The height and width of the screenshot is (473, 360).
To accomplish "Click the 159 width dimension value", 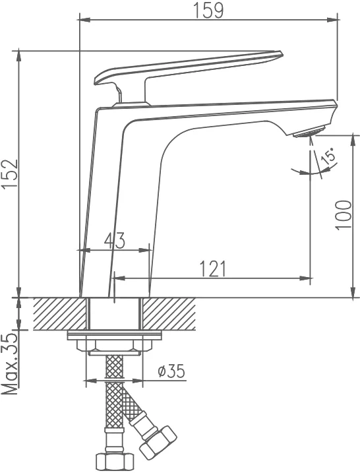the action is (x=208, y=10).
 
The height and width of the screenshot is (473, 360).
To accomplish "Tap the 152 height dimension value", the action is (x=11, y=174).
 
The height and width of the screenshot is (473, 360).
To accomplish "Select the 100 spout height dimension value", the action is (x=344, y=215).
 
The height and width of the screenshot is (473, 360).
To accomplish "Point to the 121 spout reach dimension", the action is (x=212, y=268).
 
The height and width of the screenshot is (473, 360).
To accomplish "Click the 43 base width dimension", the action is (x=114, y=241).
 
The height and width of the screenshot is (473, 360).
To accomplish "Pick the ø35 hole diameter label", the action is (x=171, y=371).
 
